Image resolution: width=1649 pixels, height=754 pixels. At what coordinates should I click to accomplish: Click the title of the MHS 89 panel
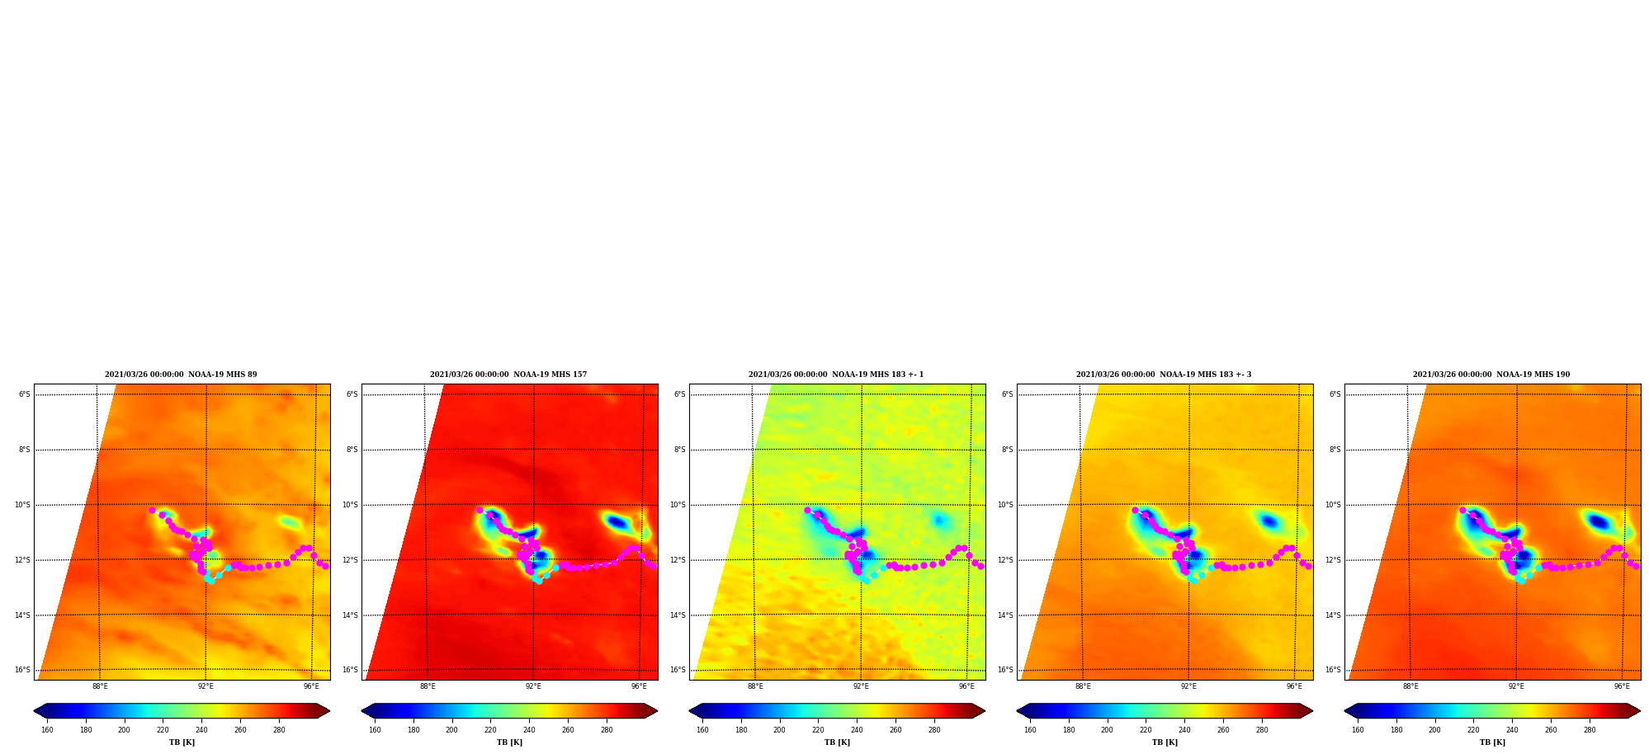(181, 375)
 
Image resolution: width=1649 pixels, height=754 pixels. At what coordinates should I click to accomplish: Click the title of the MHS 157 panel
(508, 375)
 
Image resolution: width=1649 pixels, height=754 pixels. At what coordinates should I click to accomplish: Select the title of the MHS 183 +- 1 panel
(836, 375)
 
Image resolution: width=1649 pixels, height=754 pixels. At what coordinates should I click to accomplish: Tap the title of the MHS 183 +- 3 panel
(1164, 375)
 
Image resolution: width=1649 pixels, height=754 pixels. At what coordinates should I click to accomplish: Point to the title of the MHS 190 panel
(1491, 375)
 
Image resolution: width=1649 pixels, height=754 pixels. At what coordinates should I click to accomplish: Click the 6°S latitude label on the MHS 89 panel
(25, 394)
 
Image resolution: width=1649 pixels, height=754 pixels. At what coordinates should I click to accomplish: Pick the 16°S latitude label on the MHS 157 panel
(351, 670)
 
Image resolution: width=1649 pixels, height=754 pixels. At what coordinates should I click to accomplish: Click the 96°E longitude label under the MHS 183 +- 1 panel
(966, 686)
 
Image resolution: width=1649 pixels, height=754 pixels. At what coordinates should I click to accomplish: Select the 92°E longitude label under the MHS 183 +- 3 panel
(1188, 686)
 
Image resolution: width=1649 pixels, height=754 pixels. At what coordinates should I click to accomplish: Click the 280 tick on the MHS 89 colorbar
(279, 730)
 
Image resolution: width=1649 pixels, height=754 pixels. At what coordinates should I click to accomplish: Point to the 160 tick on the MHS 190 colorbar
(1358, 730)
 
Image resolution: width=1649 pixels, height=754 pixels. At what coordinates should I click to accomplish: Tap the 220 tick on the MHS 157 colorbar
(490, 730)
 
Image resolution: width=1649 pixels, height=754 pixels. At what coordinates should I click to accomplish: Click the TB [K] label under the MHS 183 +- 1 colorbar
(837, 742)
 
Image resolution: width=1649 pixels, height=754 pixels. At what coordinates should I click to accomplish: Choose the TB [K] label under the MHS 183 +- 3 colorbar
(1165, 742)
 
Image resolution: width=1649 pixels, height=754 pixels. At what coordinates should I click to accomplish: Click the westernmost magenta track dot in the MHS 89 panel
(152, 511)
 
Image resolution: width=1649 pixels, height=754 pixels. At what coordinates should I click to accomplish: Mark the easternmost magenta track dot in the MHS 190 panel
(1636, 566)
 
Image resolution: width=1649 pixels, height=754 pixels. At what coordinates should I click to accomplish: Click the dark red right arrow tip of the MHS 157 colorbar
(657, 711)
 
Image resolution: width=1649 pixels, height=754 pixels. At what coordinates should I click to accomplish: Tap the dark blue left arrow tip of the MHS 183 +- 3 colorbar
(1018, 711)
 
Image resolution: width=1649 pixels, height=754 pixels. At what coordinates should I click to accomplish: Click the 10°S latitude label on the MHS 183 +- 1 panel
(678, 505)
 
